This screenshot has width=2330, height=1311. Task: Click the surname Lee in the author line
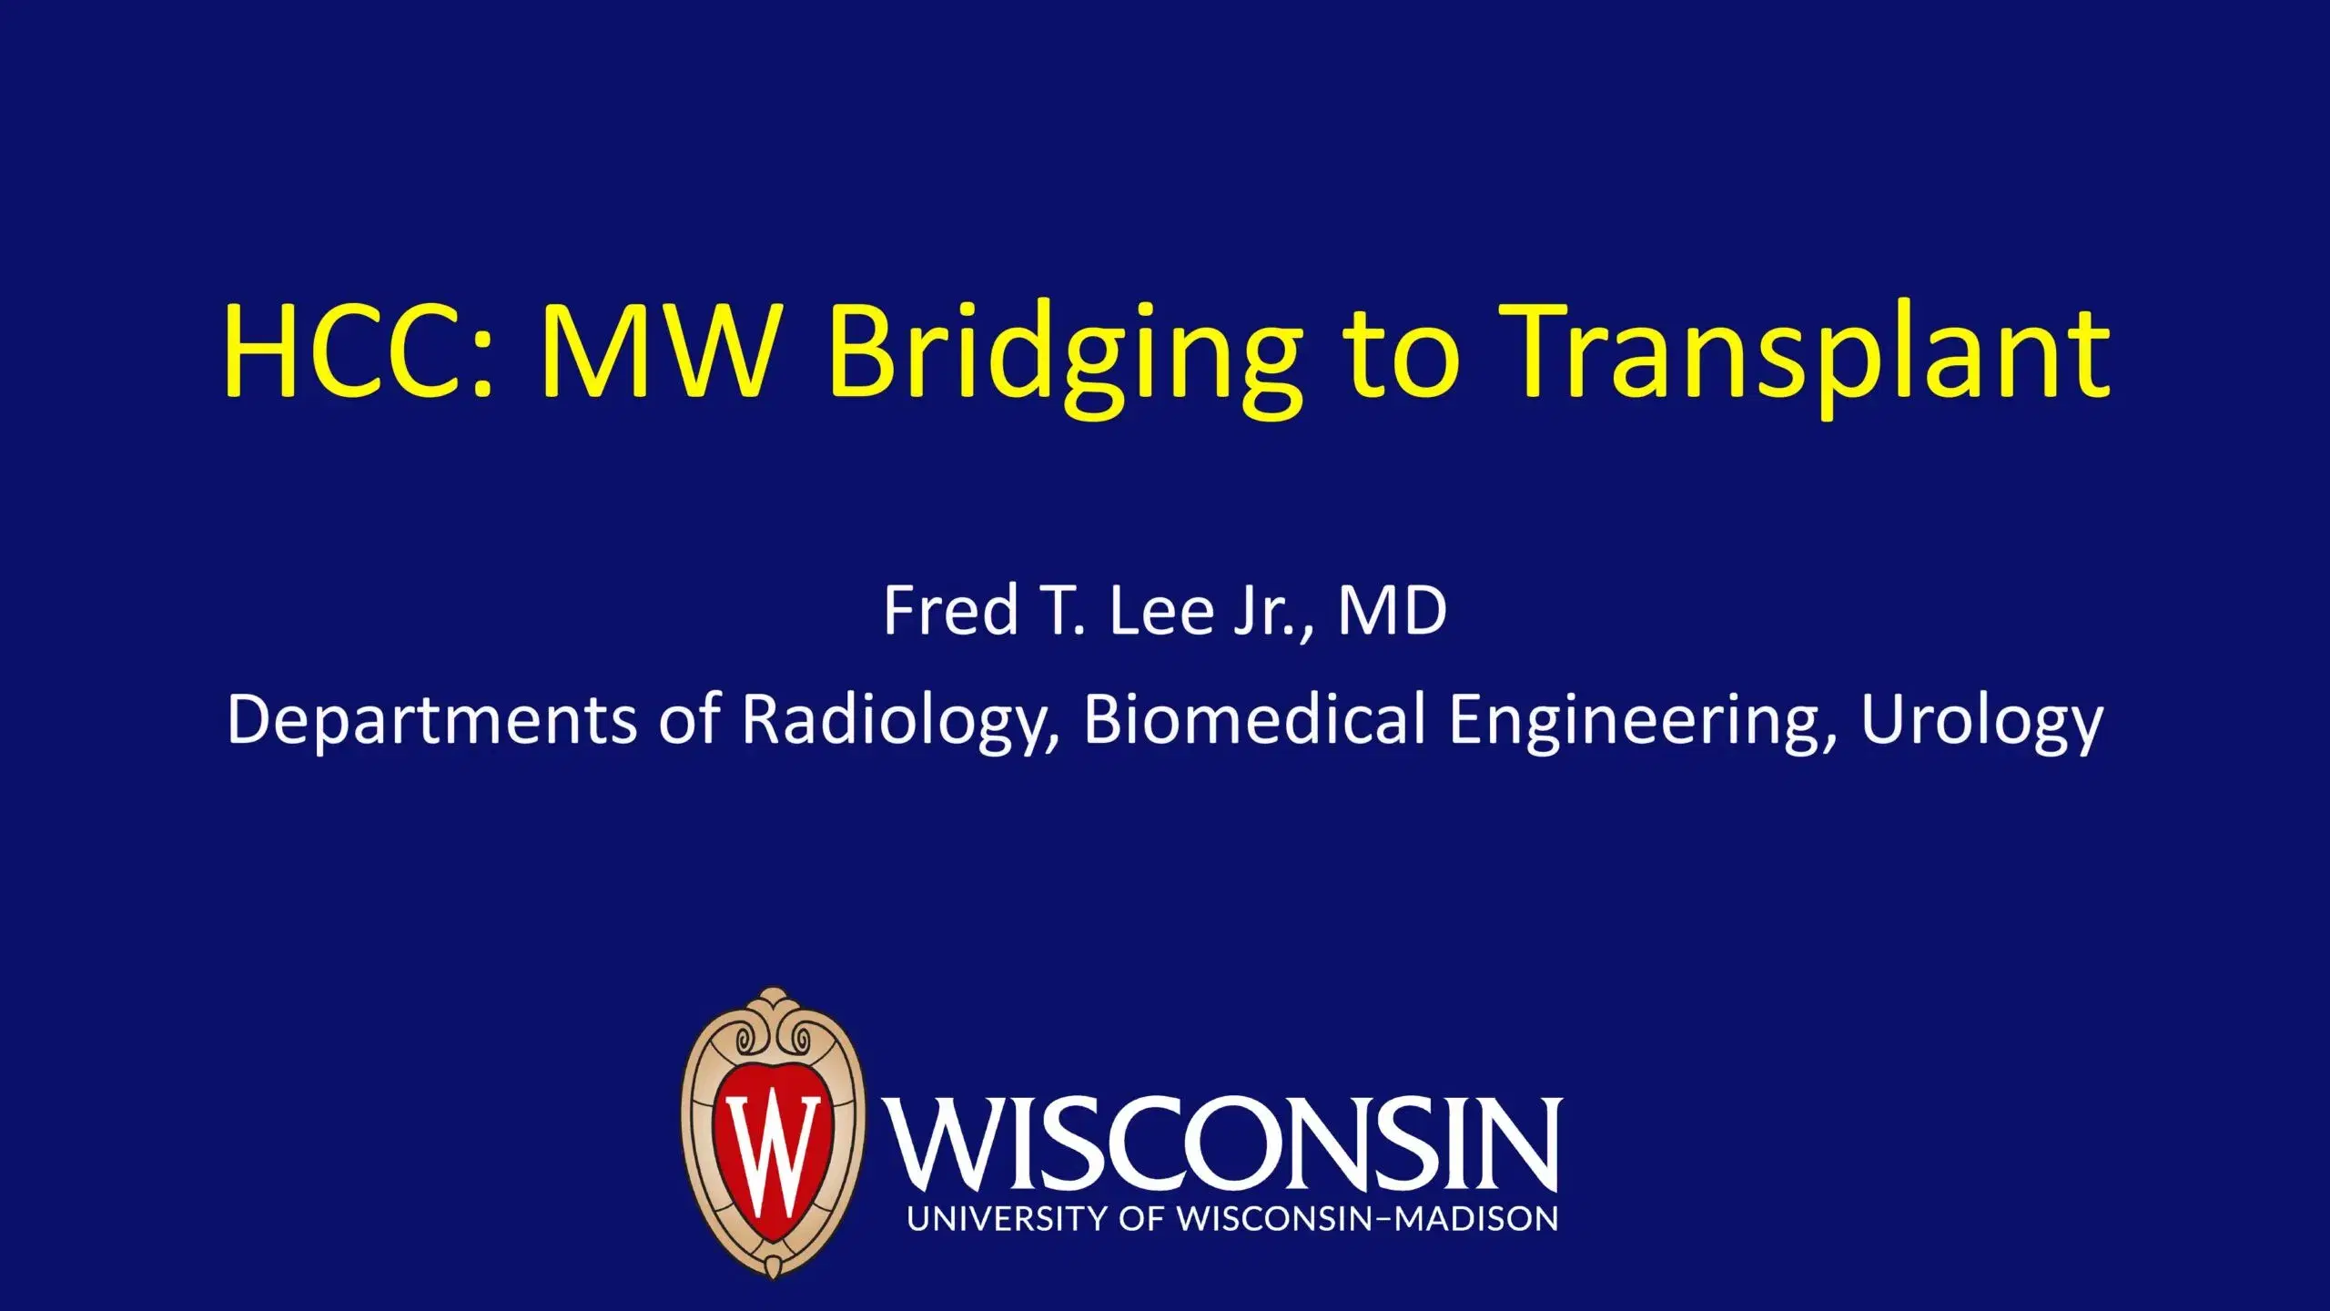[x=1160, y=610]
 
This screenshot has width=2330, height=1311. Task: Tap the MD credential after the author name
[x=1392, y=610]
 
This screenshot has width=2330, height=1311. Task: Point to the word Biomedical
[x=1254, y=718]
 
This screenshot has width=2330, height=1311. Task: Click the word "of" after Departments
[x=690, y=718]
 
